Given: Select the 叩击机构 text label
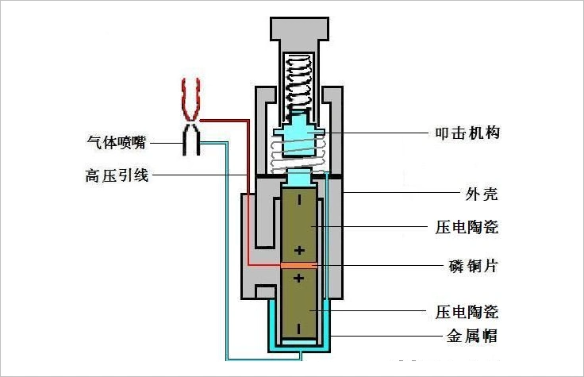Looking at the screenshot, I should (467, 133).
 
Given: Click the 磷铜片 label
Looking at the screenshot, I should (467, 264).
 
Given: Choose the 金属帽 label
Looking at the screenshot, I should (467, 336).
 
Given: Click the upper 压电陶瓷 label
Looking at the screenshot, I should (467, 228).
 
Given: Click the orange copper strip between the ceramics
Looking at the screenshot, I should (299, 265).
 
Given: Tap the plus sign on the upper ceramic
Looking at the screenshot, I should (299, 251).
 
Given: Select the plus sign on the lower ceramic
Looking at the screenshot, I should (299, 278).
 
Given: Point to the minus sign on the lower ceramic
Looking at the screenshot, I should (299, 327).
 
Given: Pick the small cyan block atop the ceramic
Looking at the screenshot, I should (300, 179).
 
